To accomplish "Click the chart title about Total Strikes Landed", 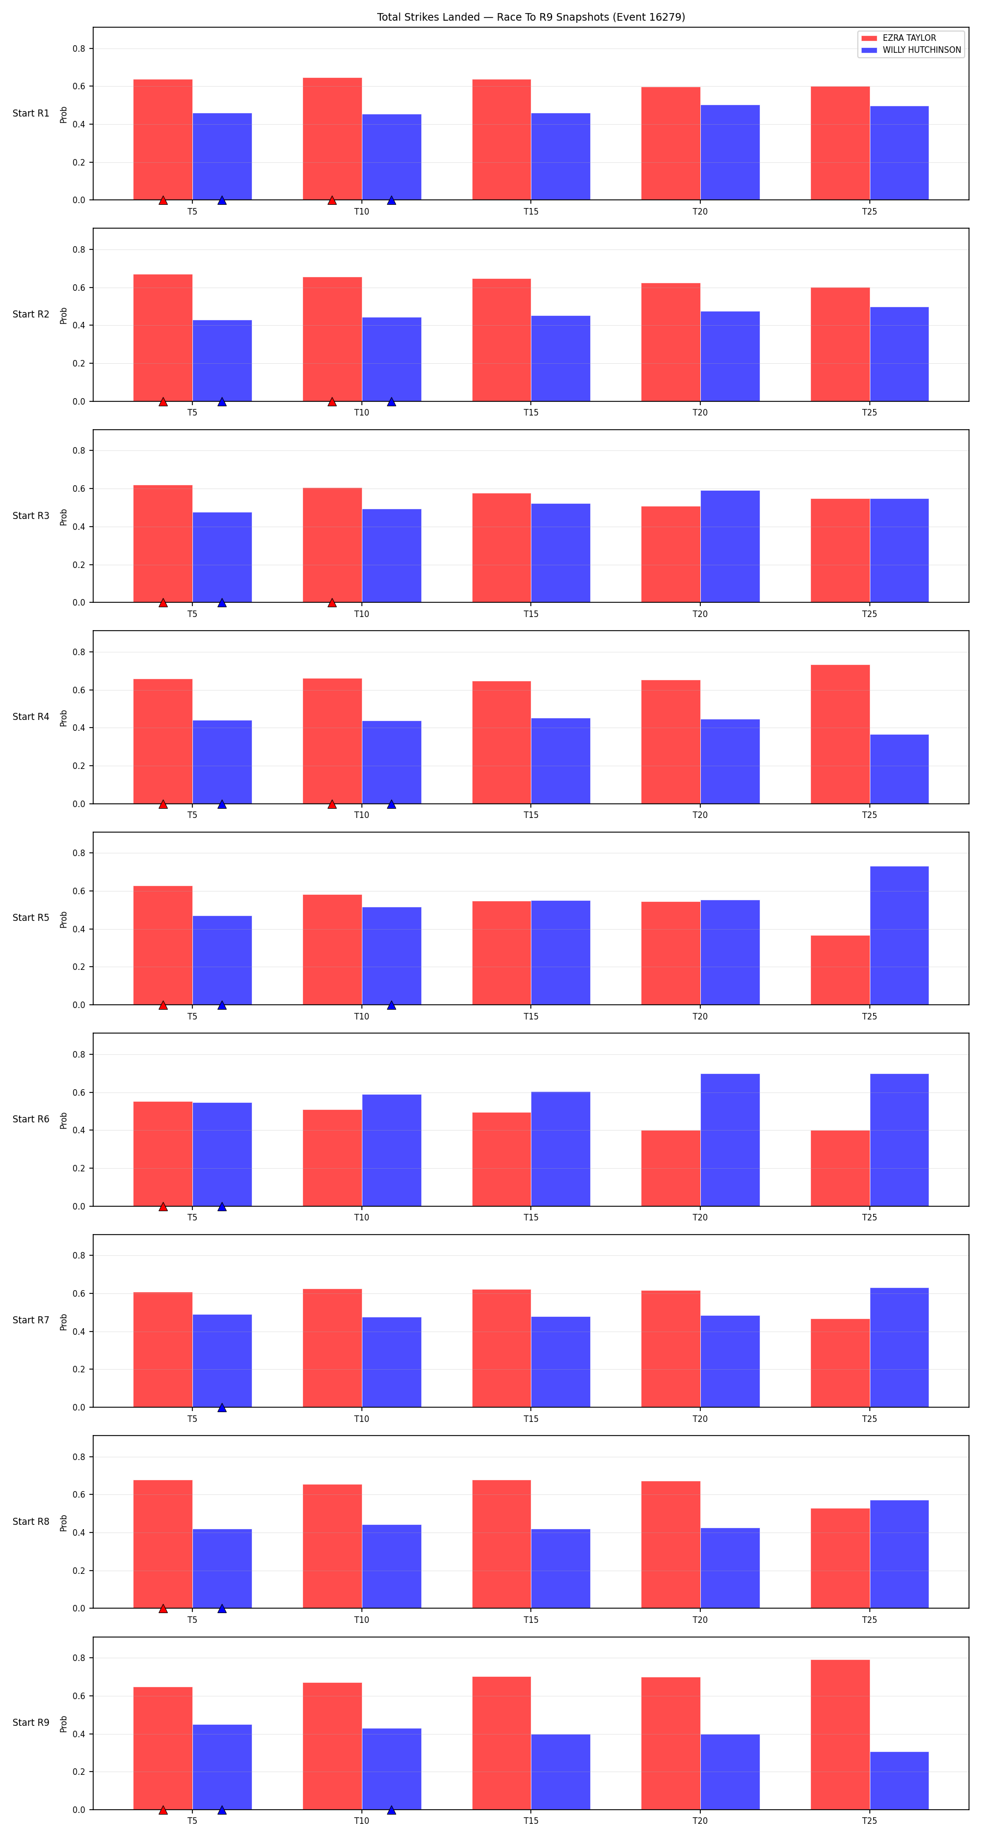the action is click(530, 17).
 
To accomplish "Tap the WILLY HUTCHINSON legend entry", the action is click(911, 50).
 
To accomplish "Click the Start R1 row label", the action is click(31, 113).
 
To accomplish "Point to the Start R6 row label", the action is click(31, 1119).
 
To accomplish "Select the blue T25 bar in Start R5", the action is click(899, 936).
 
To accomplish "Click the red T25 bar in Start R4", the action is click(840, 734).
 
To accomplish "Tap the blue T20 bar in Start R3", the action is click(730, 547).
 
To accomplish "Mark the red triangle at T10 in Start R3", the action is click(332, 603).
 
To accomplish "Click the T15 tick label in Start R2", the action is click(530, 412).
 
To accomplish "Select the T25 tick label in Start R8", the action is click(869, 1620).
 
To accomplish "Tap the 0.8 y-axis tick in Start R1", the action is click(78, 48).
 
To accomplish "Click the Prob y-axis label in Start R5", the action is click(64, 919).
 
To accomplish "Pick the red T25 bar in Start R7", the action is click(840, 1363).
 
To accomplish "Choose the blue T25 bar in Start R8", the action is click(899, 1554).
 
